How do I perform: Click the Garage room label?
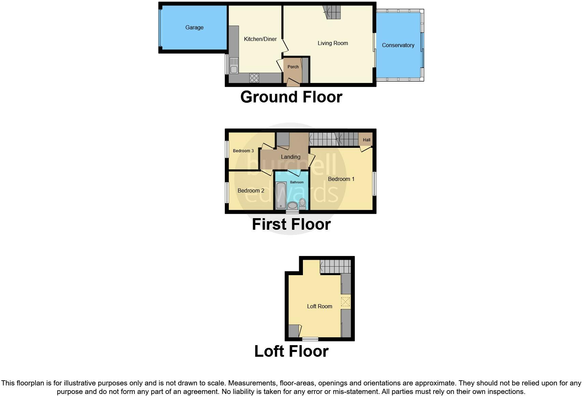(194, 27)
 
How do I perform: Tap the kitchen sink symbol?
(234, 66)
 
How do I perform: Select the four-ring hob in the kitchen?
(254, 78)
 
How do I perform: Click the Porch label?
(293, 67)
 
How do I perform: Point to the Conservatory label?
(398, 45)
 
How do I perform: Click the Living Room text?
(333, 43)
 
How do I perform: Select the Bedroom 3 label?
(243, 151)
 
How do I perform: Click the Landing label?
(290, 157)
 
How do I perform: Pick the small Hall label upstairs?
(366, 140)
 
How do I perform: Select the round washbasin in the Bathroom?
(292, 206)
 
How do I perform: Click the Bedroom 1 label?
(341, 179)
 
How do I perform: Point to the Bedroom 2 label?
(251, 190)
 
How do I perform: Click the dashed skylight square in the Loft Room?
(346, 302)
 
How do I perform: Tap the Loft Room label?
(319, 306)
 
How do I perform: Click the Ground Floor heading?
(291, 97)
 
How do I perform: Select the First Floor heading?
(291, 224)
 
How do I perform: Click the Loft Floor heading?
(291, 351)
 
